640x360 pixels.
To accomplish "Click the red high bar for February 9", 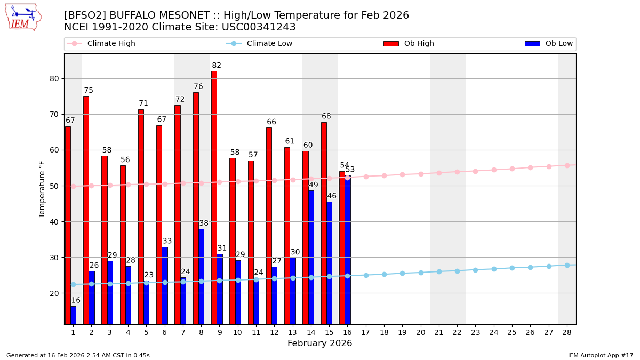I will click(x=214, y=197).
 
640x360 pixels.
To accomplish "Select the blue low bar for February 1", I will click(x=73, y=315).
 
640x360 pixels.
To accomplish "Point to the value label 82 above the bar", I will click(x=216, y=66).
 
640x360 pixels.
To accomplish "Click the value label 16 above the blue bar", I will click(x=76, y=300).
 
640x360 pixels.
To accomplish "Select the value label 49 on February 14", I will click(x=314, y=185).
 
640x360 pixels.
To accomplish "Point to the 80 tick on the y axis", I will click(x=54, y=78).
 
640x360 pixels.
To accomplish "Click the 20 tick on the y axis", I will click(x=54, y=293).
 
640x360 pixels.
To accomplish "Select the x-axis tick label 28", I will click(x=567, y=332).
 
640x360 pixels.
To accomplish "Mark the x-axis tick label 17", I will click(x=365, y=332).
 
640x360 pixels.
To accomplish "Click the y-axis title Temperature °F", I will click(x=42, y=189).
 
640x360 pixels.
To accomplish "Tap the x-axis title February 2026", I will click(x=319, y=343).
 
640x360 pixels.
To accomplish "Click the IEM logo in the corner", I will click(x=23, y=17).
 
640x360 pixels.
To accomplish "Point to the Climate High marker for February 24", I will click(x=494, y=170).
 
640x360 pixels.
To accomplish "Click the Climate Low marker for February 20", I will click(x=421, y=272).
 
